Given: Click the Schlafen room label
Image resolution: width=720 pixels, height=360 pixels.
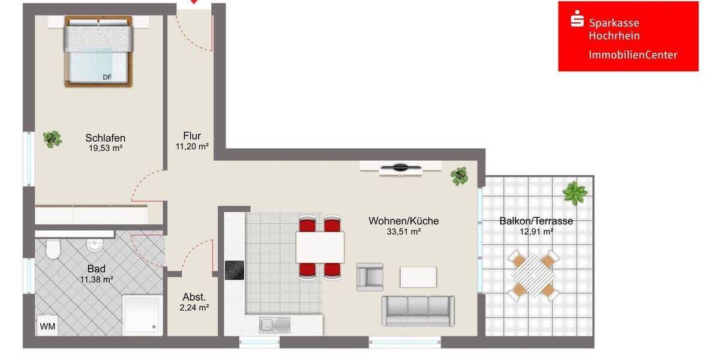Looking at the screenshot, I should click(105, 138).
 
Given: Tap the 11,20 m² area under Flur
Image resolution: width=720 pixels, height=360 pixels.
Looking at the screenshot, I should click(192, 146).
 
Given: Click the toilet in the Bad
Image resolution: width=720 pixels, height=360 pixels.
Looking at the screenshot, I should click(52, 248).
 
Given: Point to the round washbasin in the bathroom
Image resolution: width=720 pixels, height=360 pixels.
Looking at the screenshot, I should click(94, 245).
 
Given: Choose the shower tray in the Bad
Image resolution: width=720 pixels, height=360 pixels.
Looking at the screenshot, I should click(142, 313).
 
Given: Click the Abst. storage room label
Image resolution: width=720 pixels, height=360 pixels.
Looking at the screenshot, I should click(194, 297).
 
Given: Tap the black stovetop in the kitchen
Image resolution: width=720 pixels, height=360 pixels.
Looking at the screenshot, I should click(235, 270).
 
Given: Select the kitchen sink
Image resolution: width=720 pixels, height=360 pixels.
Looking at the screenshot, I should click(274, 325).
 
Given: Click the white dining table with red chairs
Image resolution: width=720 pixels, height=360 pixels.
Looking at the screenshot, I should click(320, 247).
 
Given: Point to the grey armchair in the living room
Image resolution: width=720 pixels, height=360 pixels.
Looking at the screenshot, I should click(370, 277).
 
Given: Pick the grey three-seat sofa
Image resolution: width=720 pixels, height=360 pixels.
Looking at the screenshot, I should click(418, 310).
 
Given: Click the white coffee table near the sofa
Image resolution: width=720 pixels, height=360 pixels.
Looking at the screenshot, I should click(418, 277).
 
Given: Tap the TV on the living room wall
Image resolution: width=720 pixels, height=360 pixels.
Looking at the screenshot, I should click(401, 167).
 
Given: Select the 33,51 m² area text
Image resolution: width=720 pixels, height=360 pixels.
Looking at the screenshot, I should click(403, 232).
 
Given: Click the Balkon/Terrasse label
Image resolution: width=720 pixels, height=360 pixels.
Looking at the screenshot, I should click(536, 221).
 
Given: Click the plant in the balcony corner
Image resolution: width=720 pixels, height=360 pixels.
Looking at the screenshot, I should click(575, 193).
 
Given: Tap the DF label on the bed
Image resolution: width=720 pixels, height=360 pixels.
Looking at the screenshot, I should click(107, 77).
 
